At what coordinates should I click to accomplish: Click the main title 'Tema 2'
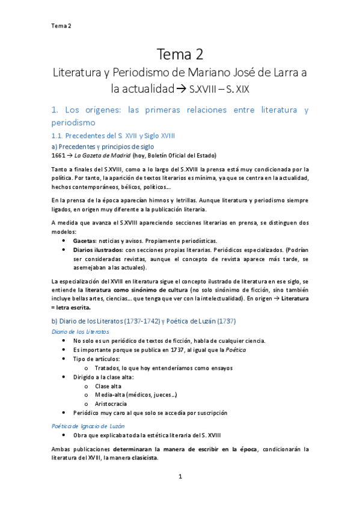click(x=180, y=55)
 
